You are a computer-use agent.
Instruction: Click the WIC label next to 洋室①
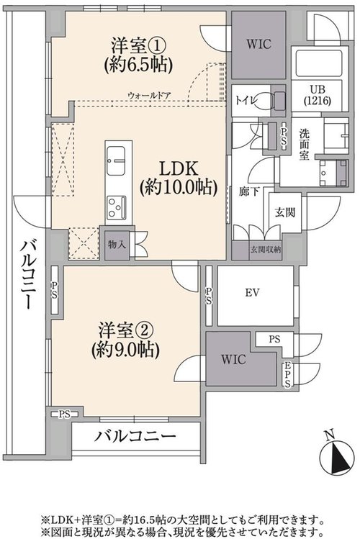pos(258,45)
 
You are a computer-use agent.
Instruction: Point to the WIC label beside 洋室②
pos(233,360)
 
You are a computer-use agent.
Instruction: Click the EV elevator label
pos(253,293)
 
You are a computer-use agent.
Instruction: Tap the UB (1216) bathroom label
pos(318,95)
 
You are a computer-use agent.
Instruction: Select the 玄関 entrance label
pos(284,212)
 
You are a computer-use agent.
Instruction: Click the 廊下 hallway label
pos(249,191)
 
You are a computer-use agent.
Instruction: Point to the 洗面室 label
pos(304,144)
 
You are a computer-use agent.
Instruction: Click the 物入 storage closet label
pos(117,245)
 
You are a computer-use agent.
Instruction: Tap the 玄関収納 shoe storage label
pos(266,250)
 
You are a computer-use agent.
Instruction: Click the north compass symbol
pos(337,456)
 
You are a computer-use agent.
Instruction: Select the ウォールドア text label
pos(149,95)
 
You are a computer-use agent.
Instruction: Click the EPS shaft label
pos(287,375)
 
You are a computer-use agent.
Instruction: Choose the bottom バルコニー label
pos(135,437)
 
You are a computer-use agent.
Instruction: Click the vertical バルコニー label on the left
pos(28,274)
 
